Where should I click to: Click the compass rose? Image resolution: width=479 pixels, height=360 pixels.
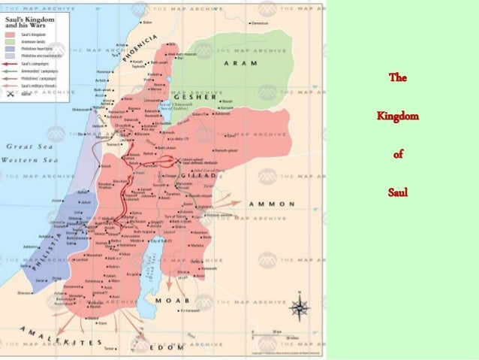point(299,308)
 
